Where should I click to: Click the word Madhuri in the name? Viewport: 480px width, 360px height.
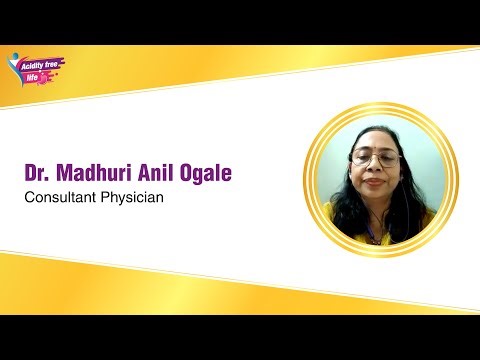[x=97, y=173]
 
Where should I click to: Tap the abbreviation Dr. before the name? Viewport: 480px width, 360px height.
[x=39, y=173]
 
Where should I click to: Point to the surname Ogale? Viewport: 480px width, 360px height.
[x=207, y=174]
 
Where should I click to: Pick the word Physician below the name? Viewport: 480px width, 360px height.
[x=130, y=198]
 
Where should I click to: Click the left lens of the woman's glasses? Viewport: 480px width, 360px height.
[x=363, y=158]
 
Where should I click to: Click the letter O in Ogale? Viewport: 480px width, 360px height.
[x=187, y=173]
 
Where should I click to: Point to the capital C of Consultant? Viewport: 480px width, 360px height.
[x=30, y=197]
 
